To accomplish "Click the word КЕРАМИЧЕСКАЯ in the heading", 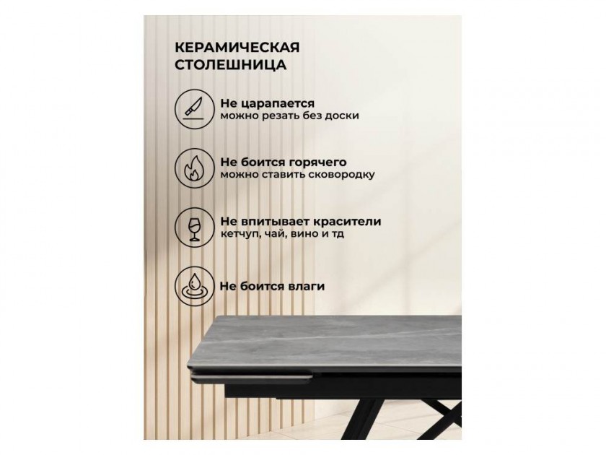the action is [237, 48].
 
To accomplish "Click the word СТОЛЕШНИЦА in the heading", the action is [231, 64].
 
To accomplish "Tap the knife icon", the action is [194, 108].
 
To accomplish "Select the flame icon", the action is [194, 168].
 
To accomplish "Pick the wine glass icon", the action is [194, 227].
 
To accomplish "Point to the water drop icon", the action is [194, 287].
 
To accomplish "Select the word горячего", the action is [316, 162].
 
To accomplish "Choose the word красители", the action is [347, 222].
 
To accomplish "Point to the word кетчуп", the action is [237, 235].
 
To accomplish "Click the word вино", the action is [304, 234].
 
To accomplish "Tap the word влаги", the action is [307, 287].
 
